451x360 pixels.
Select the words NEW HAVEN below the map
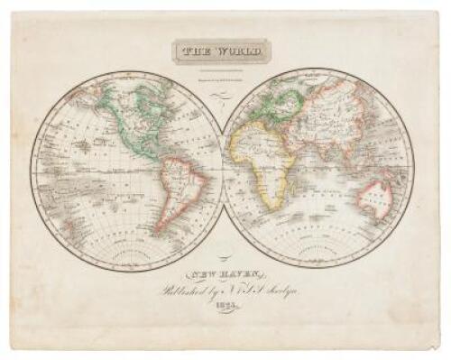(225, 268)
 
